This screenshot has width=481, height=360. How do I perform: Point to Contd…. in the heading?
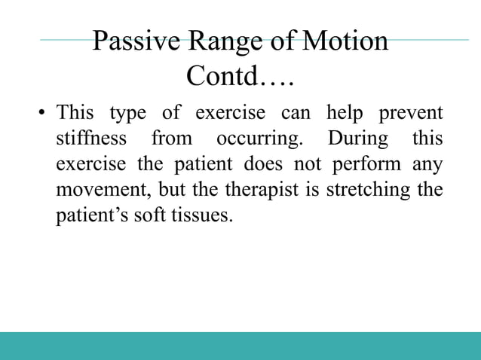pos(240,76)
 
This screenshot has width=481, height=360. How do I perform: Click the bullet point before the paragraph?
pos(42,115)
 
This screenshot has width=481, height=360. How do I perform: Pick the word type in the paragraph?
pos(128,114)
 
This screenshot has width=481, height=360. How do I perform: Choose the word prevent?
pos(412,114)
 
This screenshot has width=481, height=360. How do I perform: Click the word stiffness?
pos(91,140)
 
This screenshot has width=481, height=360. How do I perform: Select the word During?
pos(358,140)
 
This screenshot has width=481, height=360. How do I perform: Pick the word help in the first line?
pos(344,114)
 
